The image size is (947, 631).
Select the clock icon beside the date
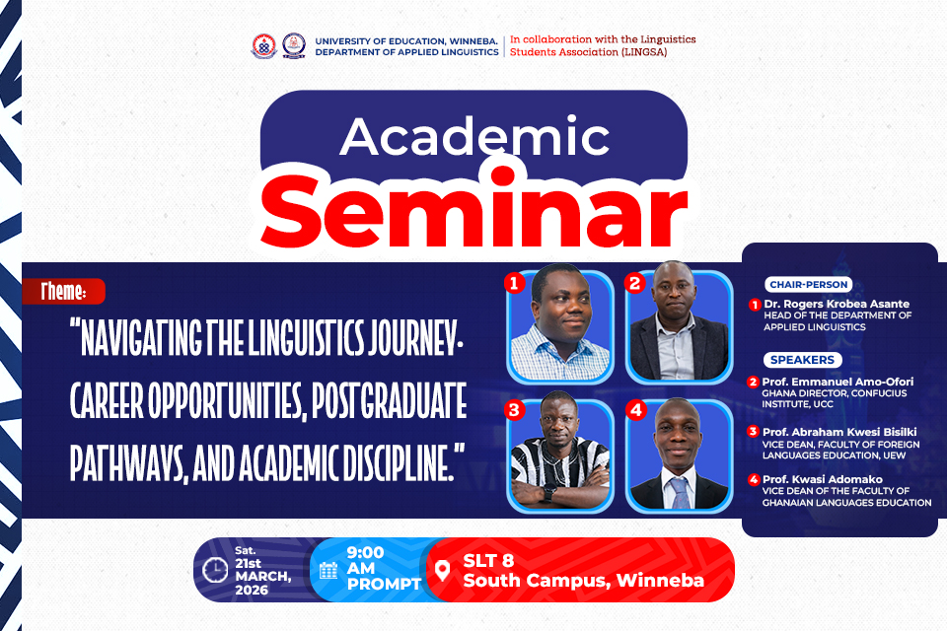(214, 570)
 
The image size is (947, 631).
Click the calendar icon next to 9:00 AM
(328, 570)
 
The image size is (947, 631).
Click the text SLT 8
(493, 559)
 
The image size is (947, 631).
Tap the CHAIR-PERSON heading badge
(807, 285)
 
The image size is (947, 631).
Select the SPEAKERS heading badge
(802, 360)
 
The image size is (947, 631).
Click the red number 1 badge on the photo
(512, 284)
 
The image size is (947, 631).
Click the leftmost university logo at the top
(262, 45)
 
